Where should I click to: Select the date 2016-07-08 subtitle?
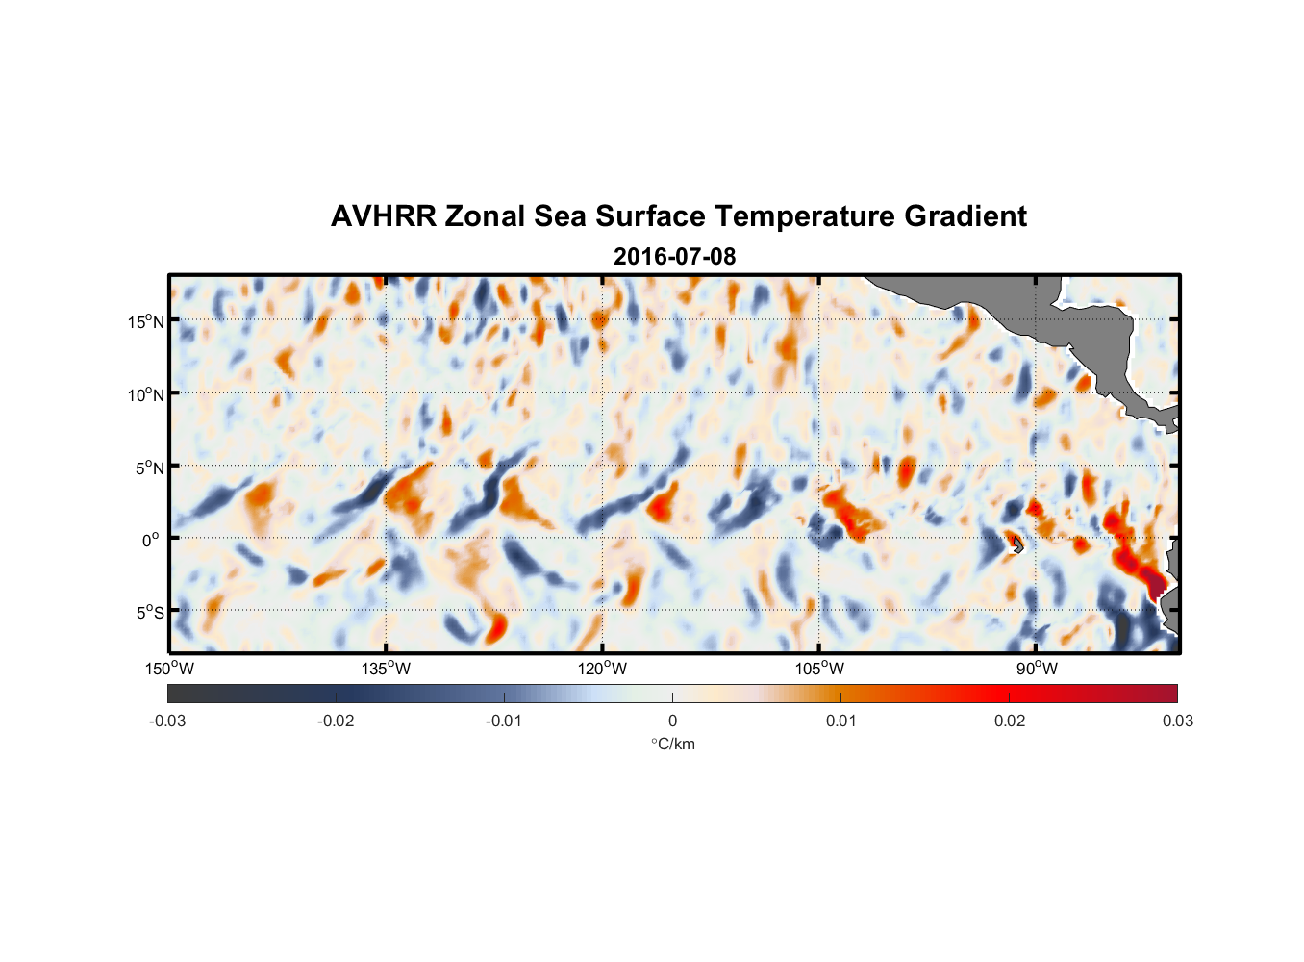[674, 257]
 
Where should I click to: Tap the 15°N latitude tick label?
[146, 321]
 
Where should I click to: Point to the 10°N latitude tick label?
[146, 394]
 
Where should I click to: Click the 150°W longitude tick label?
[169, 669]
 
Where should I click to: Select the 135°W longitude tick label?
[386, 669]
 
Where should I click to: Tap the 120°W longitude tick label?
[602, 669]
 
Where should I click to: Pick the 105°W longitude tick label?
[819, 669]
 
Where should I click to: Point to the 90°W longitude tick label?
[1036, 669]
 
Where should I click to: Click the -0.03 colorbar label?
[167, 721]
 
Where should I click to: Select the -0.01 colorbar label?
[504, 721]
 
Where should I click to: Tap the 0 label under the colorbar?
[672, 721]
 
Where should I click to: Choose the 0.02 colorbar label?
[1010, 721]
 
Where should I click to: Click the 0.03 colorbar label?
[1177, 721]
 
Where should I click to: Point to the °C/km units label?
[672, 744]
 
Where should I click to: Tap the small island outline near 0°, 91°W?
[1017, 545]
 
